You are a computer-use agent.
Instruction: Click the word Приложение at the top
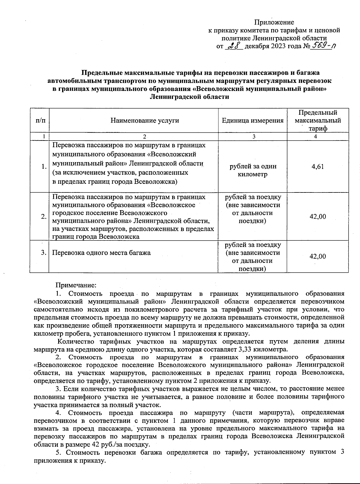274,22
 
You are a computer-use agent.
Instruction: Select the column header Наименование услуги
145,121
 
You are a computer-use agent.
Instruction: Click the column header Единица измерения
253,121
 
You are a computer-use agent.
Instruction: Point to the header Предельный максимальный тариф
318,120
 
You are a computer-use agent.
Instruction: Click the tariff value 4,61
318,167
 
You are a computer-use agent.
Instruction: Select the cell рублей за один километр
253,170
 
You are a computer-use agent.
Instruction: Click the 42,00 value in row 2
318,217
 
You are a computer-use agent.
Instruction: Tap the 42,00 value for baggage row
318,256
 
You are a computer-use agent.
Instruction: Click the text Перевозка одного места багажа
101,253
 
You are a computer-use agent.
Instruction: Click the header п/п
40,121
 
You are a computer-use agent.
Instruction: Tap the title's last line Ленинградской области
189,97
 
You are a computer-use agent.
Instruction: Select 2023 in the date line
278,46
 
